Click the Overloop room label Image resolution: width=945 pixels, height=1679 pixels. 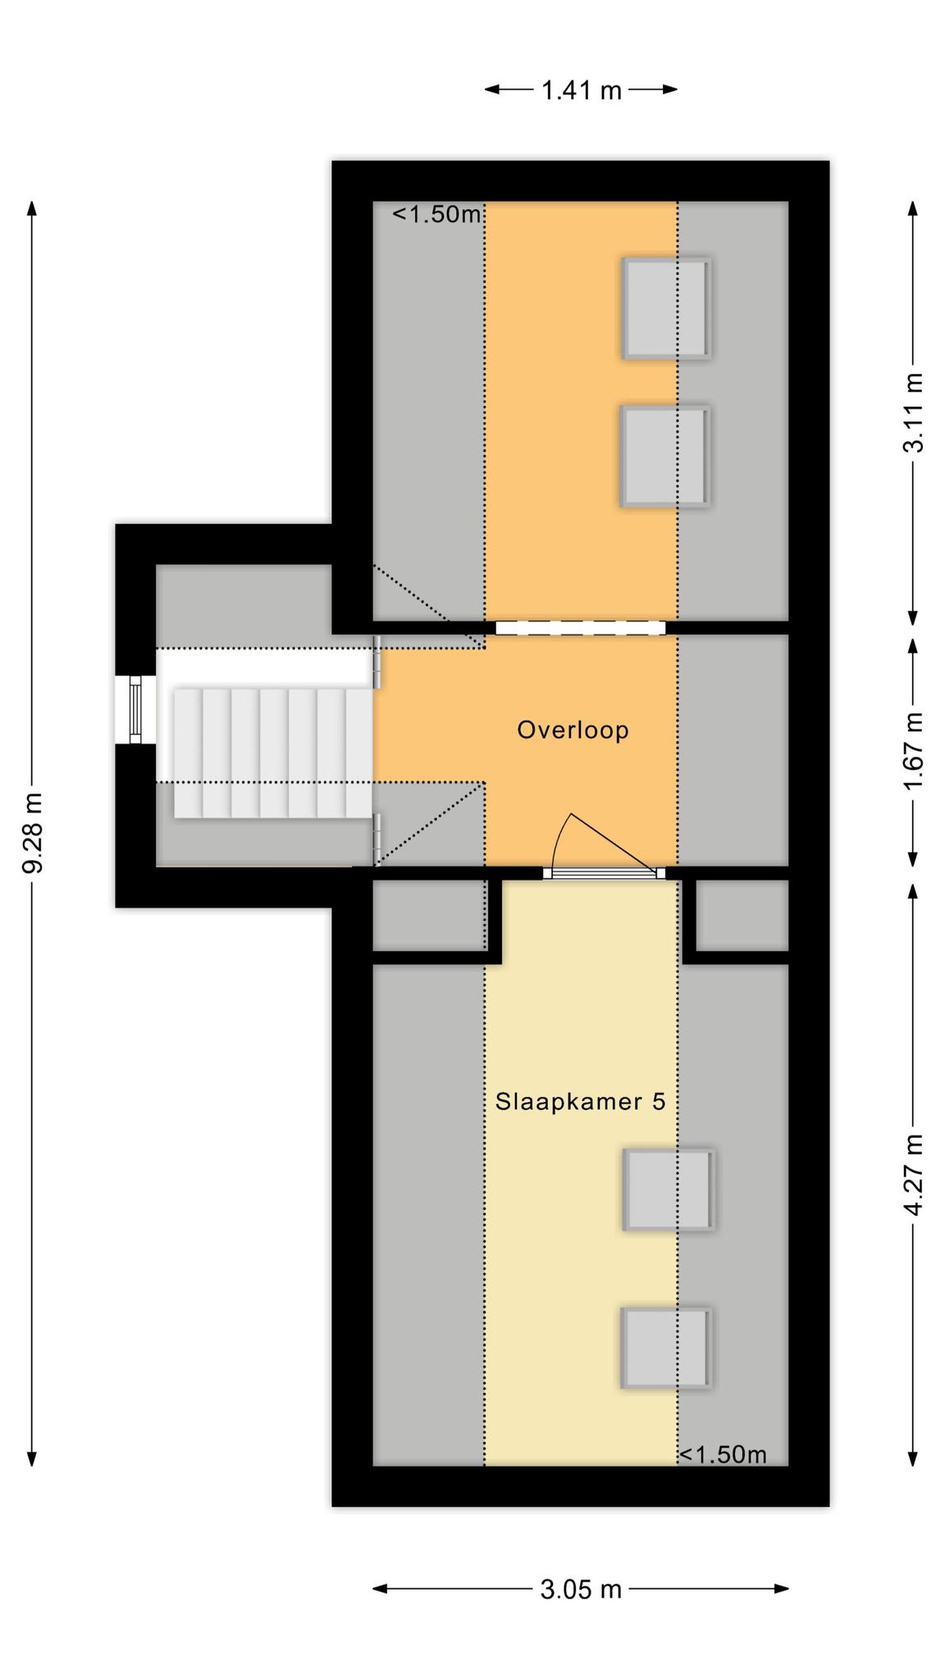tap(573, 730)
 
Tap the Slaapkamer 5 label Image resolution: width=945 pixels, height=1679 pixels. tap(581, 1101)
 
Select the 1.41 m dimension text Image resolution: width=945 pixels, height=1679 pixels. tap(581, 90)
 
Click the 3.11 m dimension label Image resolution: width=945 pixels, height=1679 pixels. tap(913, 412)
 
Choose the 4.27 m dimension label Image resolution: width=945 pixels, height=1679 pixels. tap(913, 1176)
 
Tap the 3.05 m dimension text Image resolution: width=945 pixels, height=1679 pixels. tap(581, 1590)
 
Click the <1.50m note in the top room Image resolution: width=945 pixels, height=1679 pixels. tap(436, 215)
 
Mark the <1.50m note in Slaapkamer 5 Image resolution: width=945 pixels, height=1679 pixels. tap(723, 1454)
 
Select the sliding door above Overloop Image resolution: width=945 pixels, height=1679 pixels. tap(580, 627)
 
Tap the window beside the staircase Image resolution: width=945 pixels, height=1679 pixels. tap(135, 709)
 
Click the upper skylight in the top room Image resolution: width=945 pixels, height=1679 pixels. tap(665, 308)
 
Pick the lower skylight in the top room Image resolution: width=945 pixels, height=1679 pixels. tap(664, 457)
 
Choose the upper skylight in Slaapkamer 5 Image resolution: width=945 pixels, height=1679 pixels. tap(669, 1190)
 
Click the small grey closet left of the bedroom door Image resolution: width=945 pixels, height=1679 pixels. tap(429, 915)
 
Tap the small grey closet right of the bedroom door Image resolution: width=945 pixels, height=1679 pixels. tap(742, 915)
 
